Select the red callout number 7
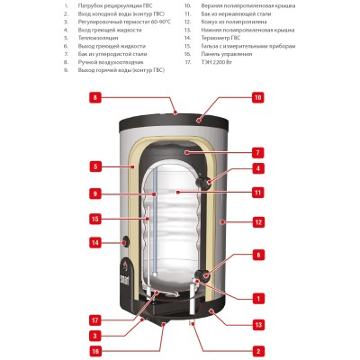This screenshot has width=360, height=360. click(x=257, y=152)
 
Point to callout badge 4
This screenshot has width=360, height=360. click(x=257, y=167)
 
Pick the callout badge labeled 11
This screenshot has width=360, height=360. click(x=257, y=192)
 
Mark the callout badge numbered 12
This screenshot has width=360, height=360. click(x=257, y=221)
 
